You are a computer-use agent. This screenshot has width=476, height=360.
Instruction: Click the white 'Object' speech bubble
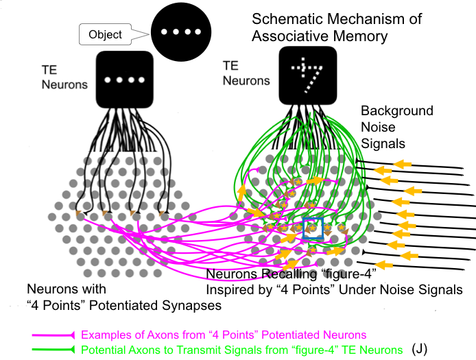pyautogui.click(x=106, y=34)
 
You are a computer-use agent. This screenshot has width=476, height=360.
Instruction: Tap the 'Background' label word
pyautogui.click(x=397, y=110)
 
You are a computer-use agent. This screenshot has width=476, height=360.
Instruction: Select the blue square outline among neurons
pyautogui.click(x=313, y=229)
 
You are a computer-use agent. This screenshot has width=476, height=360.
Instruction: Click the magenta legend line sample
pyautogui.click(x=55, y=335)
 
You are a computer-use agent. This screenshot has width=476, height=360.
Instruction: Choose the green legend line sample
pyautogui.click(x=55, y=350)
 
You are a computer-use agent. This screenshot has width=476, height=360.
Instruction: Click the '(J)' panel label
pyautogui.click(x=420, y=349)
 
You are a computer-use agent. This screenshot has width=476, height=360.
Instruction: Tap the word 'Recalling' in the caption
pyautogui.click(x=281, y=276)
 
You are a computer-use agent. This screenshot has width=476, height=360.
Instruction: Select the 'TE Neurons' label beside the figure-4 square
pyautogui.click(x=244, y=74)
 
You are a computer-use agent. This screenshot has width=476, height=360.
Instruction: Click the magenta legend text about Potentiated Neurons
pyautogui.click(x=224, y=335)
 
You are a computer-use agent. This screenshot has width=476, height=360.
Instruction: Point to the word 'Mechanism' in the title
pyautogui.click(x=366, y=19)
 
